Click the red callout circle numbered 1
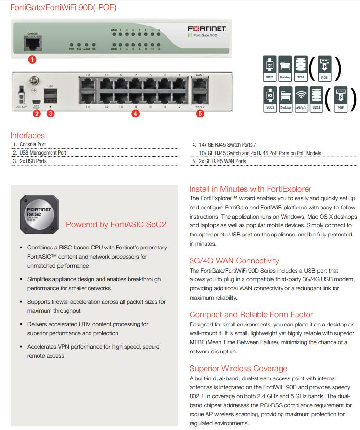[32, 60]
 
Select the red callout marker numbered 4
[136, 114]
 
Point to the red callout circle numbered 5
[200, 114]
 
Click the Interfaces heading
[27, 136]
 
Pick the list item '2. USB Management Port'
[39, 153]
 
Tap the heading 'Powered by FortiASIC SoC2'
[116, 224]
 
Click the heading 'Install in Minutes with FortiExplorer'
[250, 189]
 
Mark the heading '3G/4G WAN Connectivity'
[234, 261]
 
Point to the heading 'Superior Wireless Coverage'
[238, 368]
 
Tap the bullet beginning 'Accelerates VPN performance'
[93, 351]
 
